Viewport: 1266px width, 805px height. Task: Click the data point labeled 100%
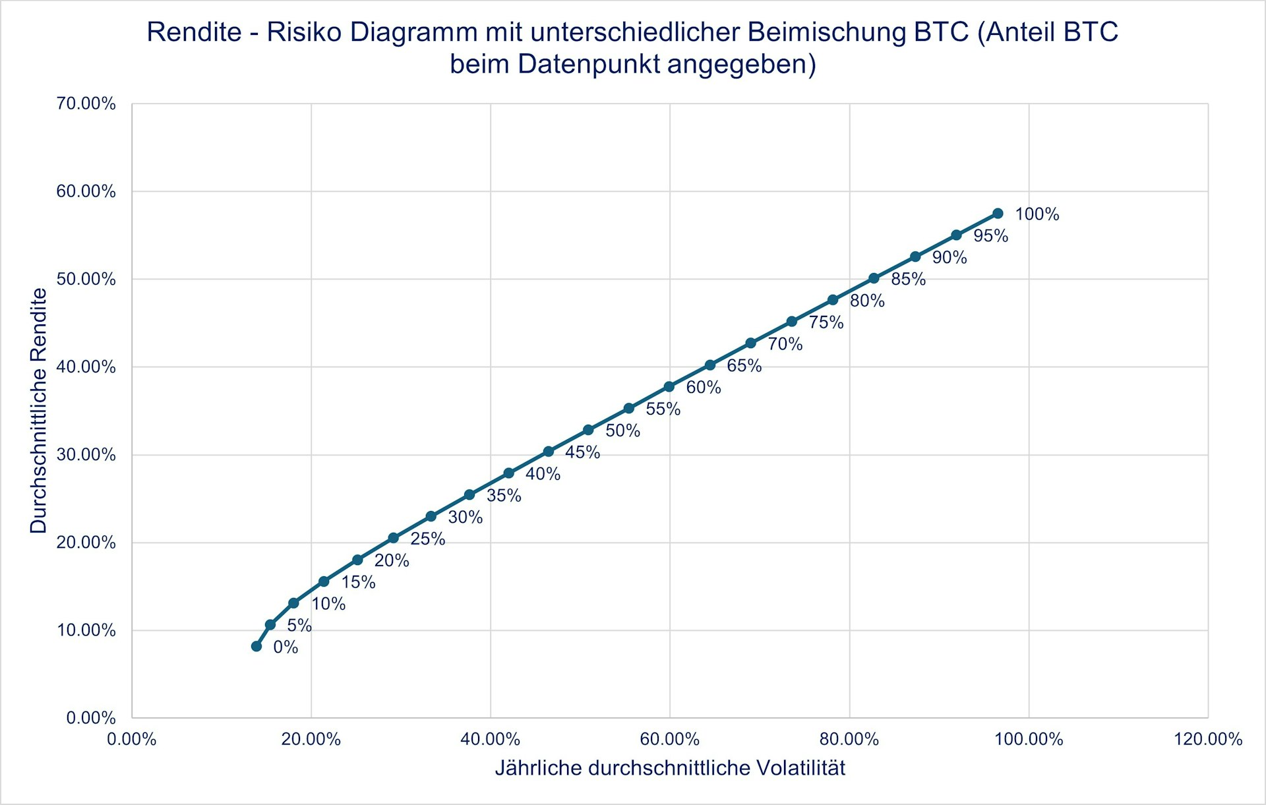(998, 214)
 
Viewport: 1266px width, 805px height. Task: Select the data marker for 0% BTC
(256, 646)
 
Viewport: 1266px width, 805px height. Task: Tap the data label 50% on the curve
(622, 431)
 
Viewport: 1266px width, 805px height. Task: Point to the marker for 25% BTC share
(394, 538)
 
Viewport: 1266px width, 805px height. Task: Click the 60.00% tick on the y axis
(86, 191)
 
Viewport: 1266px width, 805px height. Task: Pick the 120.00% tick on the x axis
(1208, 739)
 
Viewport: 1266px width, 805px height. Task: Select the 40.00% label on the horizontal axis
(490, 739)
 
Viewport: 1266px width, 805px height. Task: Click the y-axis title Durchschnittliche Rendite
(39, 411)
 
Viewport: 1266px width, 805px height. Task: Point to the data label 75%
(826, 322)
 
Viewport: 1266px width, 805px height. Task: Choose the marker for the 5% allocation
(270, 624)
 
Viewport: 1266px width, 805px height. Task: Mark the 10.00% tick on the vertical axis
(86, 630)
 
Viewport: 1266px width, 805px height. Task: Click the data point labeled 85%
(874, 278)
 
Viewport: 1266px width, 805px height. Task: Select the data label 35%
(504, 496)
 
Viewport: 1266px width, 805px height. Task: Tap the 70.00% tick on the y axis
(86, 104)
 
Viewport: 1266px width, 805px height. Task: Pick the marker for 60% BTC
(669, 386)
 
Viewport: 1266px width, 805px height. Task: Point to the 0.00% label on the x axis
(132, 739)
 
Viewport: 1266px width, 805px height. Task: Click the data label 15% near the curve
(358, 582)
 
